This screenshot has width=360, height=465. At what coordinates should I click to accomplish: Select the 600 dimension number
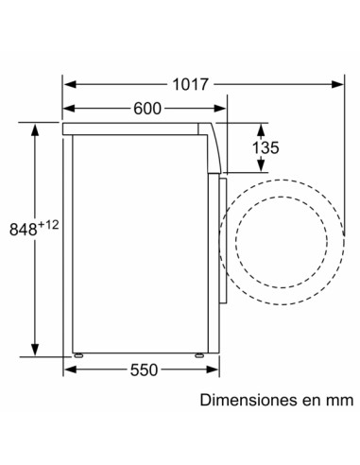(x=146, y=108)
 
